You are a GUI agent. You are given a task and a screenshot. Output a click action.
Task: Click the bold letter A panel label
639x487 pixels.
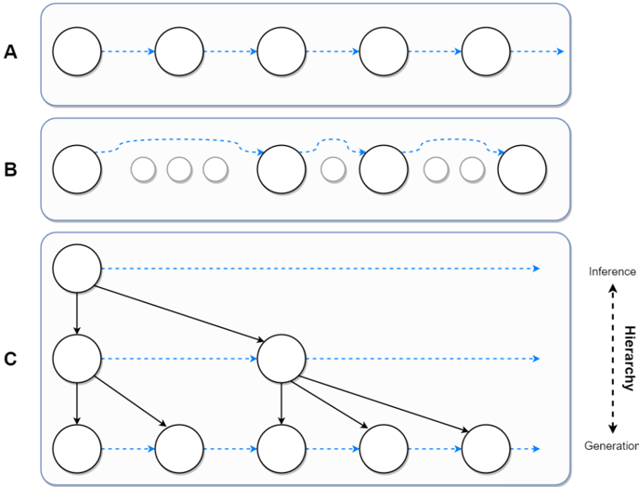(10, 52)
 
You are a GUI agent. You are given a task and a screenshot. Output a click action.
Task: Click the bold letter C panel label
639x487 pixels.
(10, 358)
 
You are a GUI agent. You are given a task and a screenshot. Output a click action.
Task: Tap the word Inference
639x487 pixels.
(612, 271)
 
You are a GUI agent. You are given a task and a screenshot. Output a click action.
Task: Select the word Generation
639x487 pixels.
(611, 446)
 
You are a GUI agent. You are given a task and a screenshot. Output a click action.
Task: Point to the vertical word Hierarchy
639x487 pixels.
(629, 358)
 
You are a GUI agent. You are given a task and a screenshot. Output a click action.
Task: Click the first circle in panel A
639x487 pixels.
(77, 51)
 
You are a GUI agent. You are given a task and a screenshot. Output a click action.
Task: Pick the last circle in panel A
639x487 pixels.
(486, 51)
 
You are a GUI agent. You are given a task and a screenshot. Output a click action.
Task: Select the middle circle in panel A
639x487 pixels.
(281, 51)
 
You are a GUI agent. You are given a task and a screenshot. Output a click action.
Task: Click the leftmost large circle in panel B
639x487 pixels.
(77, 169)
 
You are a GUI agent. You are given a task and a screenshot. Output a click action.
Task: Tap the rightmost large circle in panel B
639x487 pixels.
(522, 169)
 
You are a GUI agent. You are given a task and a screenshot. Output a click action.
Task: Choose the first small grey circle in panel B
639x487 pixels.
(143, 169)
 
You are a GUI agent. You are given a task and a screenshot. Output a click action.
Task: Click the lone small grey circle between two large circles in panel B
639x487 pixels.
(333, 169)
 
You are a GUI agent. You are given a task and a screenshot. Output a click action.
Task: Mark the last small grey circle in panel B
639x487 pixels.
(472, 169)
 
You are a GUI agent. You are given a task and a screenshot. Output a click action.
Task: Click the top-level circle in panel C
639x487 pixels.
(77, 269)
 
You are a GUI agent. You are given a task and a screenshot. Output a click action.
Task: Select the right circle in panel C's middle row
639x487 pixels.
(281, 358)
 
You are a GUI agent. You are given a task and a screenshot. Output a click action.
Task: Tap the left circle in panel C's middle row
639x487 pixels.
(77, 358)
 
